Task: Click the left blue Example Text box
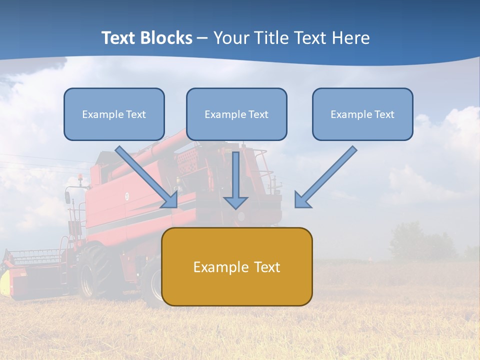coord(114,114)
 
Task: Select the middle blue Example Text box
coord(236,114)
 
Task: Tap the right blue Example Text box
coord(362,114)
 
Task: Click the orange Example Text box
coord(236,266)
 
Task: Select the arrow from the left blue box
coord(147,177)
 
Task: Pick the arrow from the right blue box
coord(325,177)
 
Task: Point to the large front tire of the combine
coord(97,272)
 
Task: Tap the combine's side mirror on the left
coord(67,197)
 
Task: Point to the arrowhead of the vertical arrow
coord(235,202)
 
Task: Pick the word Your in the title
coord(231,38)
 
